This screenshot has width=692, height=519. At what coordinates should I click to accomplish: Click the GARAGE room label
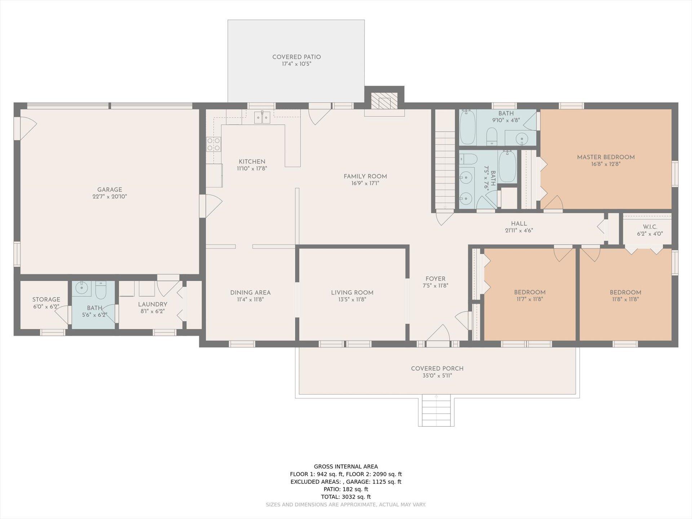110,190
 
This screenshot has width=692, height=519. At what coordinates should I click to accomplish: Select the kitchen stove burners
213,144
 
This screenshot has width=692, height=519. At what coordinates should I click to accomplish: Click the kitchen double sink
262,117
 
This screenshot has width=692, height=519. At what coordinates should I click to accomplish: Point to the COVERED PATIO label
297,57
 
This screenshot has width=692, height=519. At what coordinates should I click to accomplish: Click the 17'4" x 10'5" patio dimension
297,64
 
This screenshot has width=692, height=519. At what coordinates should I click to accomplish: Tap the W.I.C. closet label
650,227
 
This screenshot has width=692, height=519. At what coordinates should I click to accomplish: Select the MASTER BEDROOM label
606,157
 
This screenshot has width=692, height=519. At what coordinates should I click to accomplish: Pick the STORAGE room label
46,300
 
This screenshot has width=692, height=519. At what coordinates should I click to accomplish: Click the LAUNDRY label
152,305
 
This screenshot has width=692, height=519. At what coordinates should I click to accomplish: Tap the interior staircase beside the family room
445,170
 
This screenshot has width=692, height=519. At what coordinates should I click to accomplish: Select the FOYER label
435,279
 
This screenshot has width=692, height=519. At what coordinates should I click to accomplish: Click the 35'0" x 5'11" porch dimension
437,376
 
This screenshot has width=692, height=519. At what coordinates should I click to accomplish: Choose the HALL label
519,223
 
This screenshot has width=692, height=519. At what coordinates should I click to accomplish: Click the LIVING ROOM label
352,293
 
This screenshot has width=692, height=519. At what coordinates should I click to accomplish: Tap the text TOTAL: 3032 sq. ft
346,497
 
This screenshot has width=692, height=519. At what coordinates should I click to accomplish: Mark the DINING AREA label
250,293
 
